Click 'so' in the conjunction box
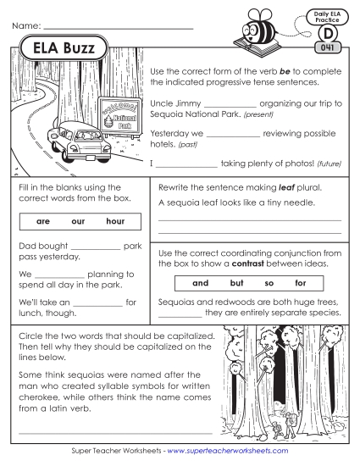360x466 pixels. coord(270,283)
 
